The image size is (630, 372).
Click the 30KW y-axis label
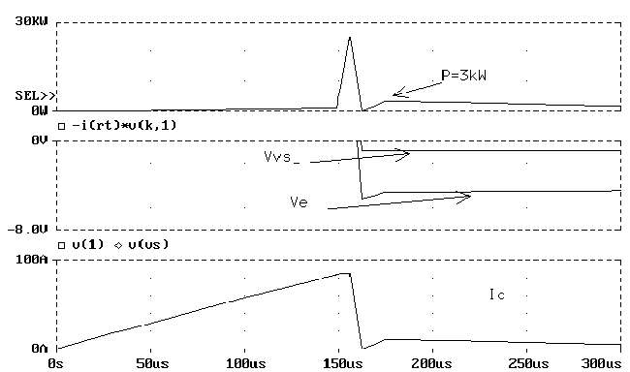tap(31, 21)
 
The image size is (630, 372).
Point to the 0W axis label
tap(40, 110)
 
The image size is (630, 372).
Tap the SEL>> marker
tap(35, 96)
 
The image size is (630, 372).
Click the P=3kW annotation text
tap(463, 76)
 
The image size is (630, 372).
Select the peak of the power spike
tap(350, 38)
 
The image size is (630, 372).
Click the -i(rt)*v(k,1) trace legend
tap(117, 126)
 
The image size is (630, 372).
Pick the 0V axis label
tap(40, 140)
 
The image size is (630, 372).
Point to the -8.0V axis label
tap(27, 230)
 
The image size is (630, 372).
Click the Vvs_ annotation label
tap(282, 156)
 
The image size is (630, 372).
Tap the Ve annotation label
tap(299, 201)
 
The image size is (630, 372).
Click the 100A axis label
tap(31, 259)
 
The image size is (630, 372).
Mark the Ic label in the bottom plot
tap(497, 294)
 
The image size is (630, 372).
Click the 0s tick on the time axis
tap(56, 363)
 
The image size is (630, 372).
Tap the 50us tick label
tap(152, 363)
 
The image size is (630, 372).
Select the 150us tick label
tap(342, 363)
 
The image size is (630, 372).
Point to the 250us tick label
tap(528, 363)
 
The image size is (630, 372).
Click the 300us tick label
tap(601, 363)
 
